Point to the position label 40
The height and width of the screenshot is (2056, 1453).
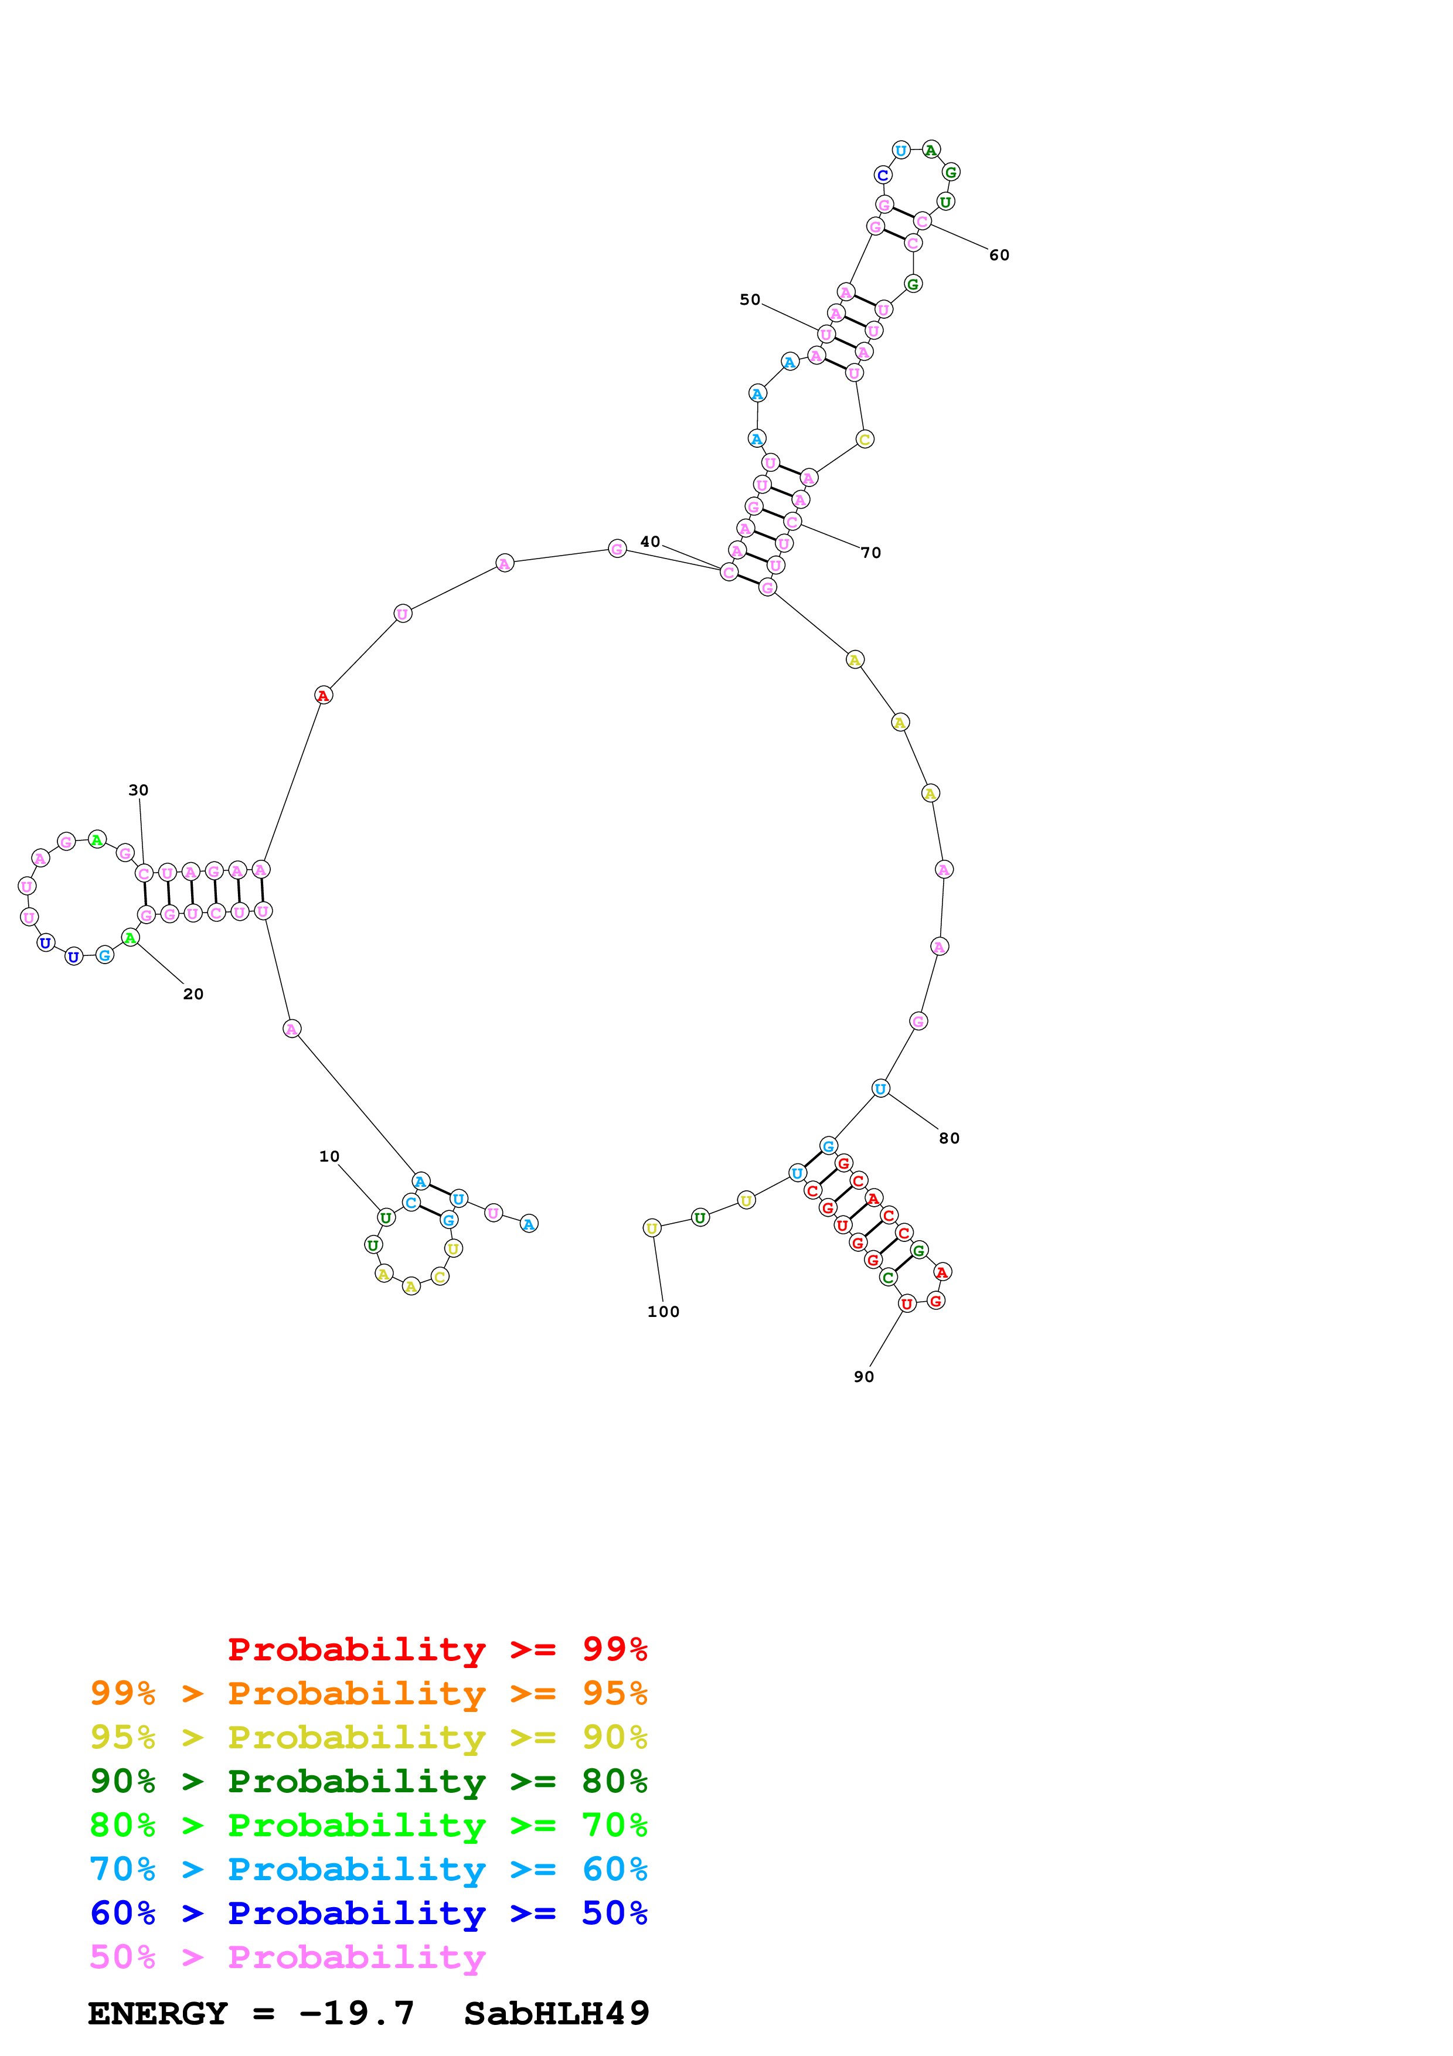[x=650, y=541]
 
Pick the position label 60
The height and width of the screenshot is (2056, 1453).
[x=999, y=255]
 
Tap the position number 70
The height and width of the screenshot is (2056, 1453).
[x=871, y=553]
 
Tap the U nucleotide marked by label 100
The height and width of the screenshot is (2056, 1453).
[x=652, y=1228]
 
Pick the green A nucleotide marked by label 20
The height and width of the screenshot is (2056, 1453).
[x=131, y=938]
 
